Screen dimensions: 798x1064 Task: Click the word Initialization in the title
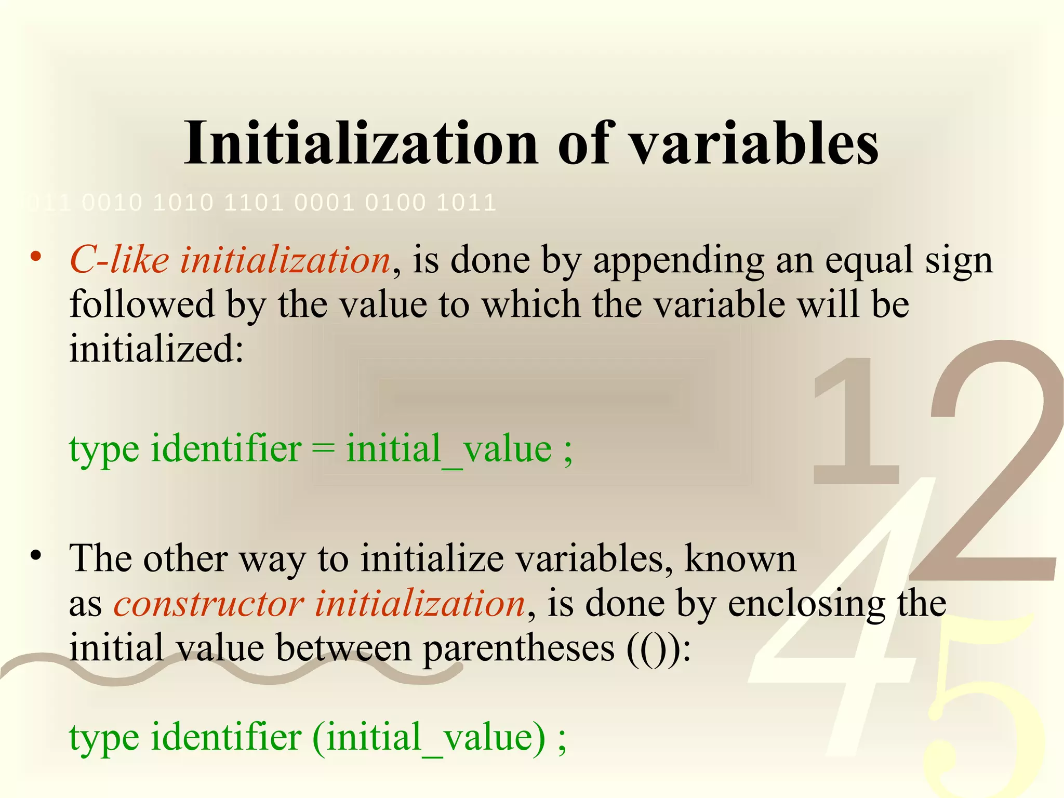(x=361, y=143)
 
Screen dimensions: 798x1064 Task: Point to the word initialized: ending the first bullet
(x=156, y=349)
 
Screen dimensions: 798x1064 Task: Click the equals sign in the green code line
(x=323, y=448)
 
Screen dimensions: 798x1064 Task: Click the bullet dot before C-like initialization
(x=35, y=256)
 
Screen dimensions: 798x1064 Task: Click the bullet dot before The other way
(x=35, y=555)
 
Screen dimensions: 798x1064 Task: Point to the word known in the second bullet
(x=740, y=559)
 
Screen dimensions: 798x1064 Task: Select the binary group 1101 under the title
(x=254, y=203)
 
